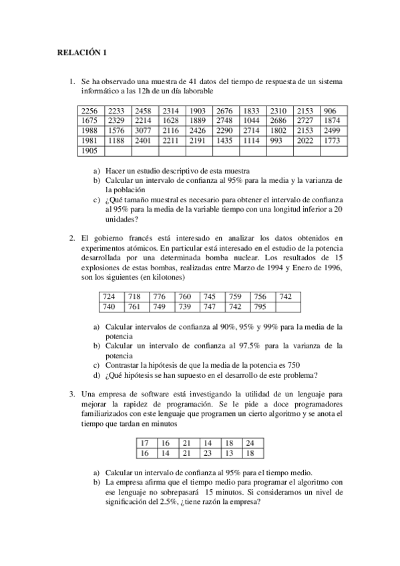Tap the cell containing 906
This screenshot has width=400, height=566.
[x=330, y=111]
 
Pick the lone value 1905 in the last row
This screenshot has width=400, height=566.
[x=89, y=151]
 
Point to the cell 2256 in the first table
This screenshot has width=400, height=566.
[x=89, y=111]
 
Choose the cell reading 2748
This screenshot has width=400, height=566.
[x=225, y=121]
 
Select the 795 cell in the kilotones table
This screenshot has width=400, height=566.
[x=260, y=306]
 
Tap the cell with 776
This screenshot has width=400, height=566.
[x=159, y=296]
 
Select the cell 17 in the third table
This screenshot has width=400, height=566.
[x=144, y=443]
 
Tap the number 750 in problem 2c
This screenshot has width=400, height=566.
[x=293, y=365]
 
